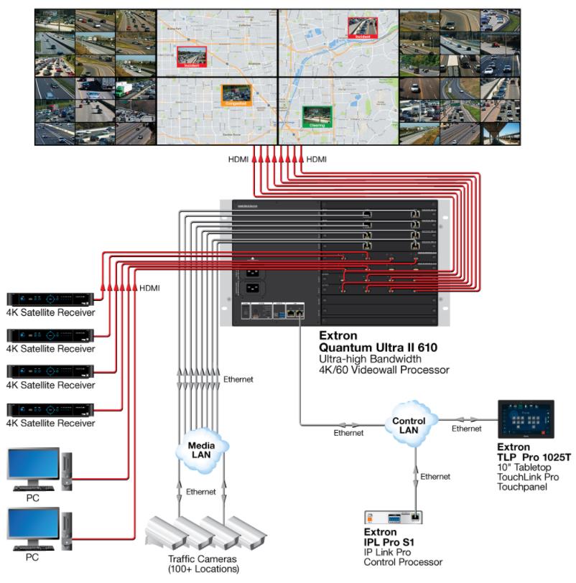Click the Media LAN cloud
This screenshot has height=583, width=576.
click(200, 448)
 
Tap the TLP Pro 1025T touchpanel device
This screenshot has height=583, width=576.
click(531, 419)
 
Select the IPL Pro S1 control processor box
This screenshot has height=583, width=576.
click(393, 517)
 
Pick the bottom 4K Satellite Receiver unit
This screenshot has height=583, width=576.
click(50, 409)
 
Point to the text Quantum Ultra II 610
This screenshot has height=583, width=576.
click(378, 348)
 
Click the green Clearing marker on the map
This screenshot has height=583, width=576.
click(317, 117)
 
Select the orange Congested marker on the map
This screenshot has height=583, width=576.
click(235, 95)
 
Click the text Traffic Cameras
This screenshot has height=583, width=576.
click(201, 559)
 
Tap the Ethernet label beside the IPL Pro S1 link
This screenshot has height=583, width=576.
click(435, 476)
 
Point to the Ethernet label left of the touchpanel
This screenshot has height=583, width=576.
click(466, 429)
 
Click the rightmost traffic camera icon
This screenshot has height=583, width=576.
click(247, 532)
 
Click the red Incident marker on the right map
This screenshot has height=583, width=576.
click(361, 27)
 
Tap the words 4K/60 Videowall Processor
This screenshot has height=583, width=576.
click(384, 370)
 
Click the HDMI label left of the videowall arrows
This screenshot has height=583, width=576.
click(238, 159)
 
